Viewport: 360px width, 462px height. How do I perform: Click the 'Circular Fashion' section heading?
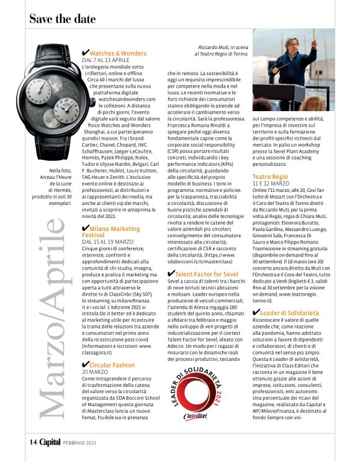[112, 365]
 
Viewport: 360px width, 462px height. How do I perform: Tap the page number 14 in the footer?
[34, 442]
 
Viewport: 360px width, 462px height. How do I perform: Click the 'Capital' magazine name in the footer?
[51, 442]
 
